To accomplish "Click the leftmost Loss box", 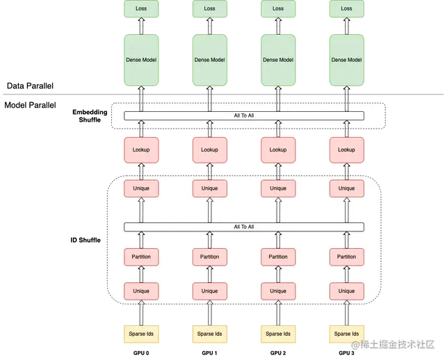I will (141, 9).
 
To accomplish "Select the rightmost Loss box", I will (346, 9).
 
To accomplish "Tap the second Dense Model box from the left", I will (209, 60).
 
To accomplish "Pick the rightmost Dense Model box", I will (346, 60).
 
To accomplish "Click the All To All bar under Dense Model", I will (243, 115).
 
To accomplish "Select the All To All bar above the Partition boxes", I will (243, 227).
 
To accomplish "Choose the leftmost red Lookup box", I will (141, 149).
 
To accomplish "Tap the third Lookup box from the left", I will (278, 149).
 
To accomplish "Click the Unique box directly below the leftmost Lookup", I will (141, 188).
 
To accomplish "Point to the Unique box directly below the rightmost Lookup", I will (346, 188).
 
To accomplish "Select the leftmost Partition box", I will (141, 256).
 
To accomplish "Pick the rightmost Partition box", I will (346, 256).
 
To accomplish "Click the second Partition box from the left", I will (209, 256).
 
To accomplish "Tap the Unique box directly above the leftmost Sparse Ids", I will (141, 291).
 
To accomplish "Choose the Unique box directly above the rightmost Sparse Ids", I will (346, 291).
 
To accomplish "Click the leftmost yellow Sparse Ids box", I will (141, 334).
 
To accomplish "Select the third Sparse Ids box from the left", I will (278, 334).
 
